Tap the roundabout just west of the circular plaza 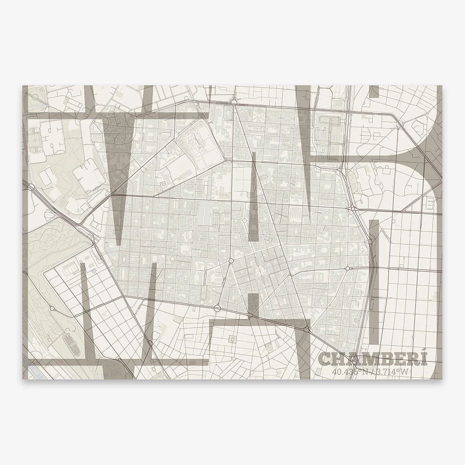pyautogui.click(x=231, y=261)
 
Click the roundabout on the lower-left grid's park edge pyautogui.click(x=52, y=308)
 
